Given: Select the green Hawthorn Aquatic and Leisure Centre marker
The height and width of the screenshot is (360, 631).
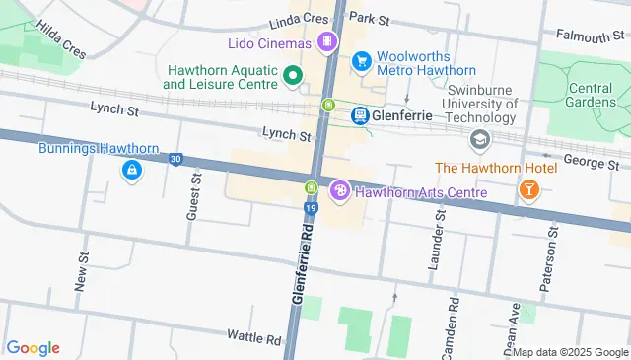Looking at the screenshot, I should [292, 75].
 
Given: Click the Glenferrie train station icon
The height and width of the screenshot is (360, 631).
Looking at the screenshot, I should [360, 115].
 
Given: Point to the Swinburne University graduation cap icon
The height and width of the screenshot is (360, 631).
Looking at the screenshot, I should [480, 140].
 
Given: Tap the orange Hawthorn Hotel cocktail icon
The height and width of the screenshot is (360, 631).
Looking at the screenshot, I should [528, 189].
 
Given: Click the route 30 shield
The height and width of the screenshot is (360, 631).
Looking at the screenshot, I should [175, 159].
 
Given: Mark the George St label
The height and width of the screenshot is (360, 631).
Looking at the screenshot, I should [593, 163].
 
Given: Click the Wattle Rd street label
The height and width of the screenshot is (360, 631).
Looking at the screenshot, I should [253, 336].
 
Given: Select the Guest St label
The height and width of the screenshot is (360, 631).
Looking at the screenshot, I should [192, 204].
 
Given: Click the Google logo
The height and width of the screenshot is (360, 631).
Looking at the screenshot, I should [33, 347].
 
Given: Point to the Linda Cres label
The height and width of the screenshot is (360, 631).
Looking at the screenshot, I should [297, 20].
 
